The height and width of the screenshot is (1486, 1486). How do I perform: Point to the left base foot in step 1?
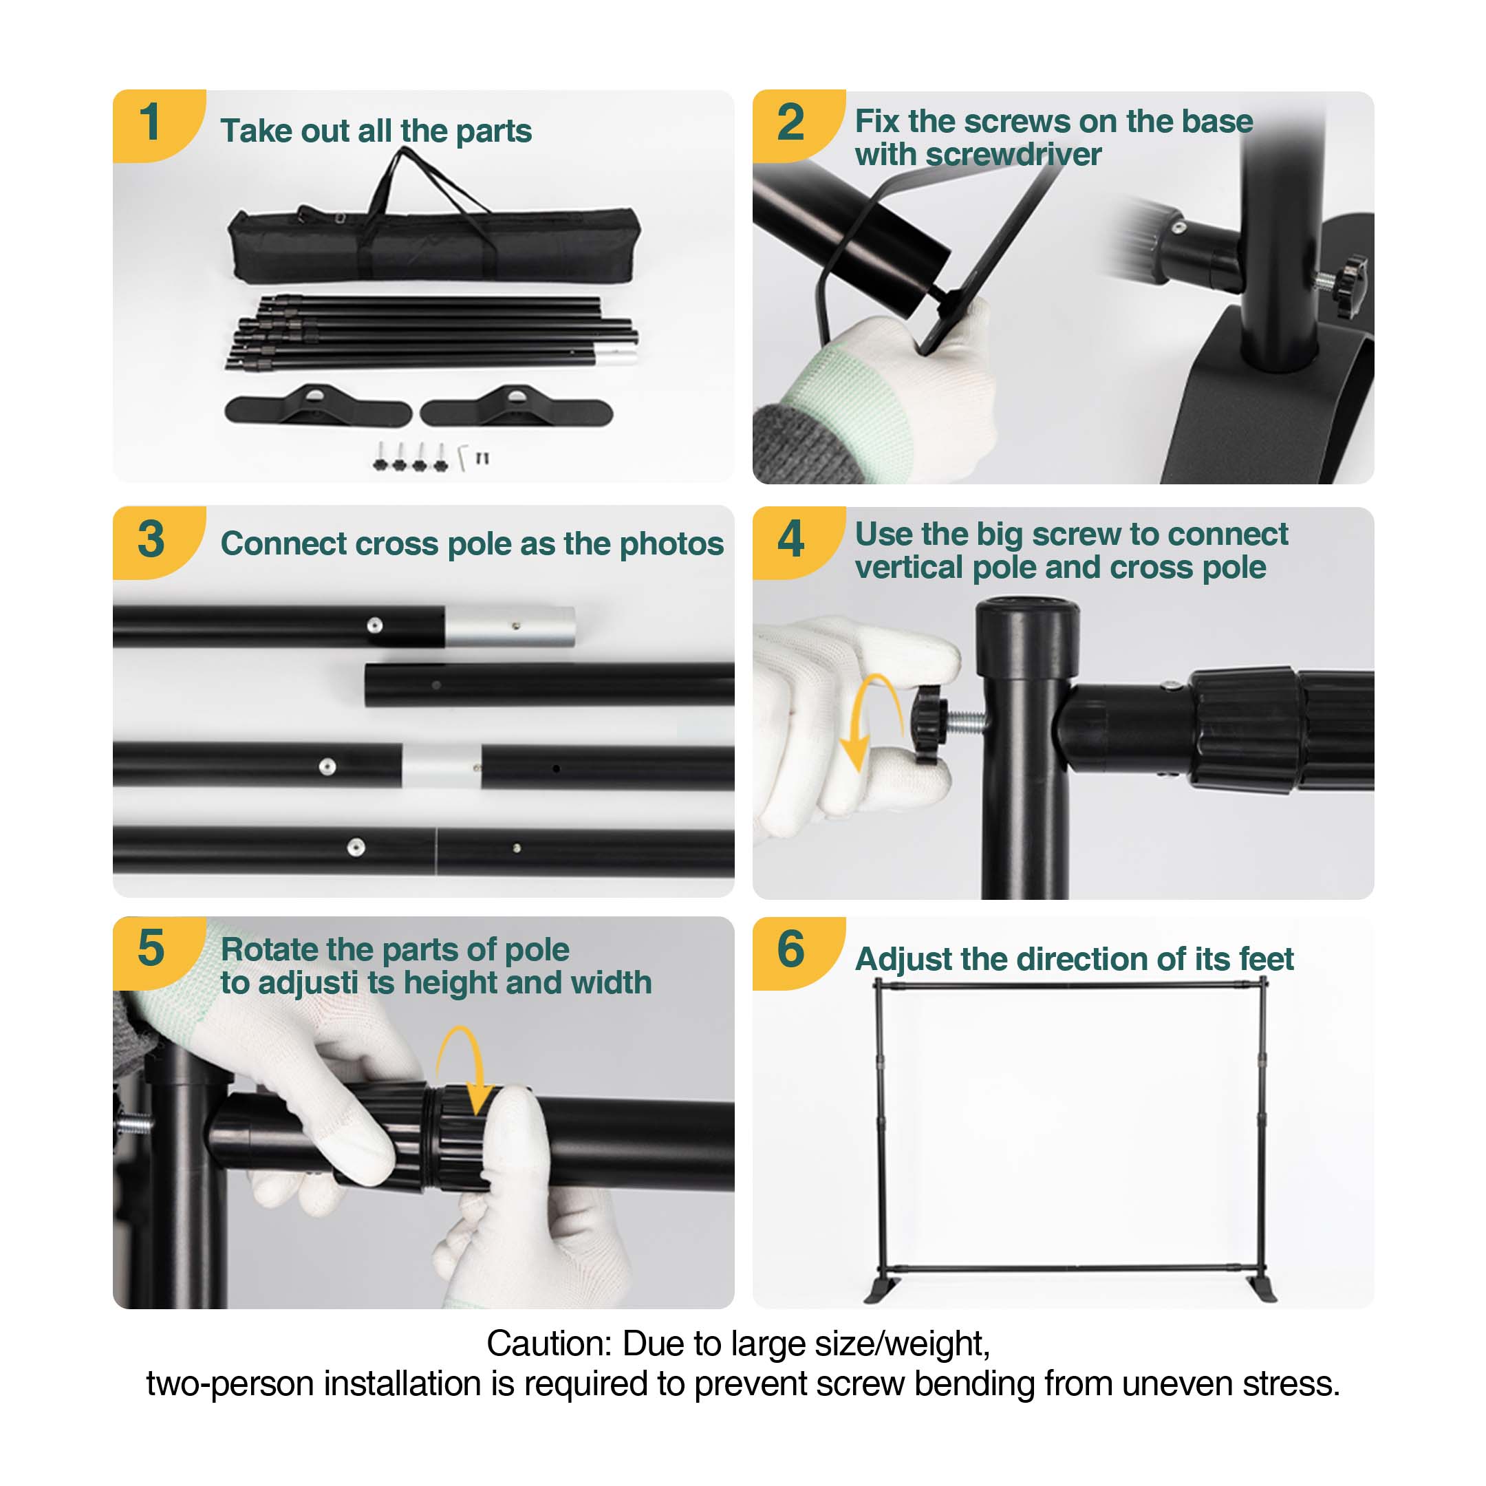[318, 408]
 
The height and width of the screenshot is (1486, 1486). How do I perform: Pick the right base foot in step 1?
[516, 409]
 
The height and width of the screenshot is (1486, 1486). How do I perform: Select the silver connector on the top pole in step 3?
[509, 627]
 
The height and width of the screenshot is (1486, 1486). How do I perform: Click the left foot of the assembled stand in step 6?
[881, 1291]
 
